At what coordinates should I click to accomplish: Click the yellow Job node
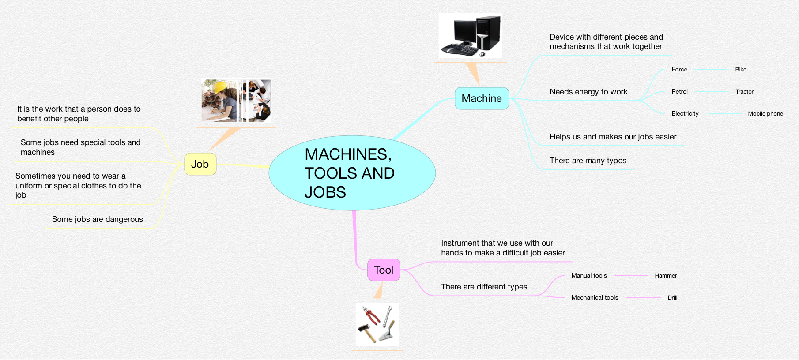point(200,164)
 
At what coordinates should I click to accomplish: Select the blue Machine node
point(482,98)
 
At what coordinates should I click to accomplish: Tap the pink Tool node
point(384,270)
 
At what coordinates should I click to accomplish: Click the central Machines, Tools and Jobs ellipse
point(352,173)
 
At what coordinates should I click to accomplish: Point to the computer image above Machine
point(471,36)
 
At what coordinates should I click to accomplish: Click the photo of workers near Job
point(236,101)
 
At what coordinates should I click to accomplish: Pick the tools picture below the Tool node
point(377,324)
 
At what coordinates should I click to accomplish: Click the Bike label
point(741,70)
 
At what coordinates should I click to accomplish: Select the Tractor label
point(744,92)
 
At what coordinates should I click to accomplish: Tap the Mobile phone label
point(765,114)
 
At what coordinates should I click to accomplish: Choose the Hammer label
point(666,276)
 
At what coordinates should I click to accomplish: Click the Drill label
point(672,298)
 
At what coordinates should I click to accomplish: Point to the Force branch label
point(679,70)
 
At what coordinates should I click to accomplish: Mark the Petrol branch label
point(679,92)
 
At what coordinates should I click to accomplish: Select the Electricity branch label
point(685,114)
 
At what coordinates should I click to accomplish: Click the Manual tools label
point(589,276)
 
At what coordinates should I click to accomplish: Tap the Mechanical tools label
point(595,298)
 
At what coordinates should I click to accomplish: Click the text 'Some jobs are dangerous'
point(98,219)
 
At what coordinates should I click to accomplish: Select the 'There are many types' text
point(588,161)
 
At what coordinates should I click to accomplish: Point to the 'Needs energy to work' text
point(588,92)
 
